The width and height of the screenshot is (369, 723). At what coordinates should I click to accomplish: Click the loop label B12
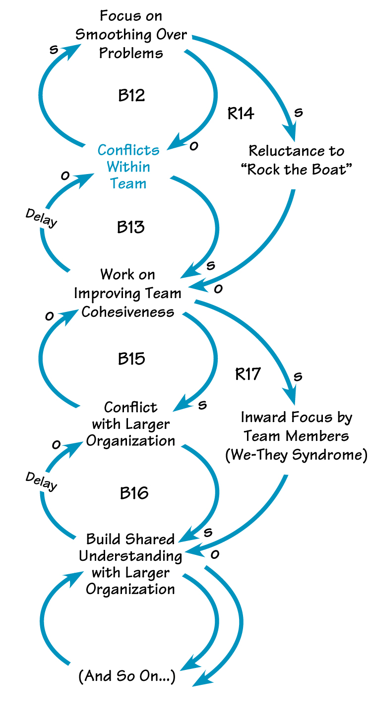pyautogui.click(x=131, y=95)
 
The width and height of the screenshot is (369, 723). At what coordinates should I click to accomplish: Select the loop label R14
pyautogui.click(x=241, y=114)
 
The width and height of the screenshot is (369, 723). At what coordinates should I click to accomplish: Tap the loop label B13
pyautogui.click(x=131, y=227)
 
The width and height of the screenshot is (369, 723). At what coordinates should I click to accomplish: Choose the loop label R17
pyautogui.click(x=247, y=374)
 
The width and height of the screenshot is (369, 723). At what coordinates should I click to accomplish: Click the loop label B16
pyautogui.click(x=134, y=493)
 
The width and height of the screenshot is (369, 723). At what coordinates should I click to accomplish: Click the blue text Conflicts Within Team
pyautogui.click(x=128, y=167)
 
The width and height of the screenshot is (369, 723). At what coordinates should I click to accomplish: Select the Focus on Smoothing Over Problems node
pyautogui.click(x=131, y=34)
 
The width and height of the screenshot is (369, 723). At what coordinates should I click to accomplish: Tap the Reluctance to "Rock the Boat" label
pyautogui.click(x=296, y=159)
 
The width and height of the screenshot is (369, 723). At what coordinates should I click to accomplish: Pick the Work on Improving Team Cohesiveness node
pyautogui.click(x=128, y=293)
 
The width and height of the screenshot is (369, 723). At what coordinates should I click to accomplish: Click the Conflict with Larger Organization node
pyautogui.click(x=130, y=424)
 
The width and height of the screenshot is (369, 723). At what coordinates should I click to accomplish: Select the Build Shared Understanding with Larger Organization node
pyautogui.click(x=130, y=564)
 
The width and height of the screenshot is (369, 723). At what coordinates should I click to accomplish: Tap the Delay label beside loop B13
pyautogui.click(x=41, y=218)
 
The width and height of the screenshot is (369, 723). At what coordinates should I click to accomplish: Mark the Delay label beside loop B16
pyautogui.click(x=41, y=481)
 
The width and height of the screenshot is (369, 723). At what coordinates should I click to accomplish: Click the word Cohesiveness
pyautogui.click(x=128, y=311)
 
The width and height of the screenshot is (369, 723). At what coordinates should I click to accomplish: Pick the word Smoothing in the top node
pyautogui.click(x=116, y=35)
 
